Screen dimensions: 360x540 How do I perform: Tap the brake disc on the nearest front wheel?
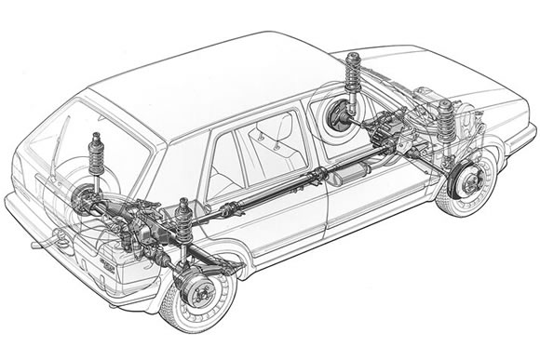(x=466, y=183)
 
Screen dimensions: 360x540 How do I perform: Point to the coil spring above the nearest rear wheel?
(x=184, y=223)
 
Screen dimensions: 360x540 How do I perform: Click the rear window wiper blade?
(x=59, y=140)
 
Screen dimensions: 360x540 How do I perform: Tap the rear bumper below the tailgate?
(x=56, y=270)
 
